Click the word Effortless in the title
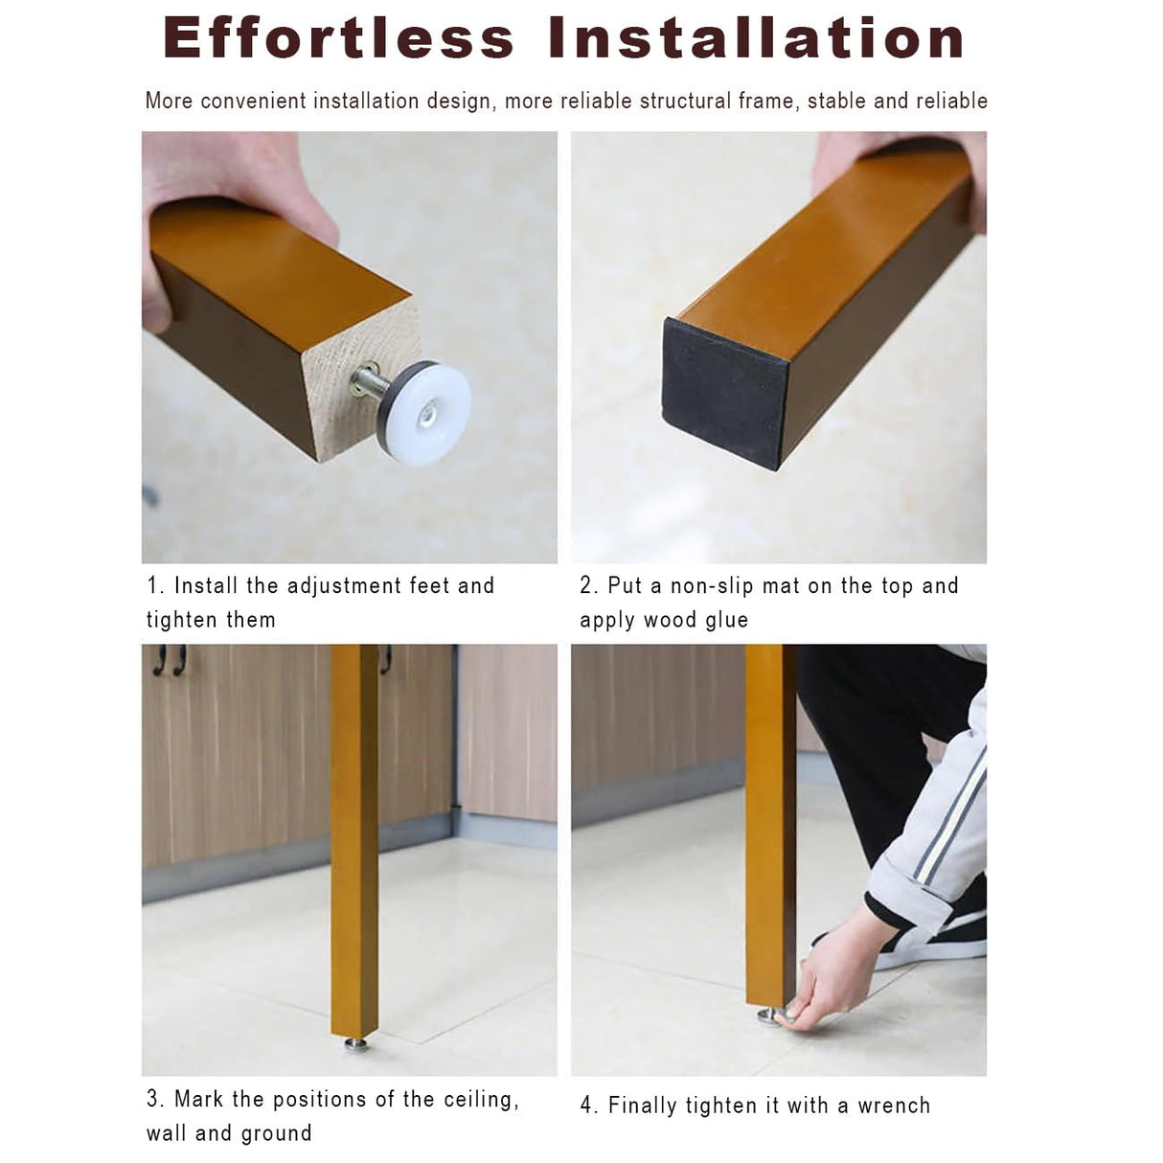tap(338, 37)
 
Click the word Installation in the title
tap(757, 37)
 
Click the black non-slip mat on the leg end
tap(723, 391)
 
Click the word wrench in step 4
tap(894, 1106)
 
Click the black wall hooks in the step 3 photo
tap(170, 659)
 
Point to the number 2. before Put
tap(588, 585)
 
